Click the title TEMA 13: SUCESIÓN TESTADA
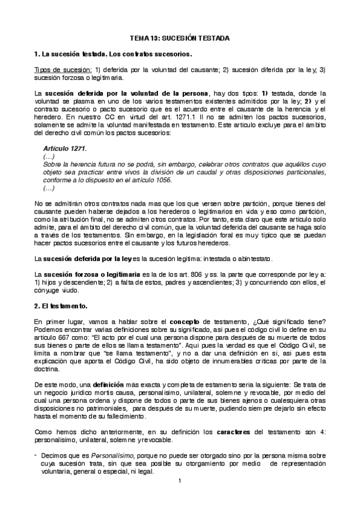(179, 37)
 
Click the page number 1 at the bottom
(180, 497)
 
